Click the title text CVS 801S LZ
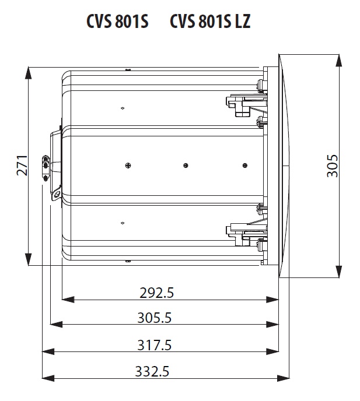(210, 21)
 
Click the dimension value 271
(22, 165)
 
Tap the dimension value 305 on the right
(333, 166)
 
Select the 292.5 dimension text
(157, 293)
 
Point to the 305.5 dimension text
(155, 318)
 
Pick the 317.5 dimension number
(155, 345)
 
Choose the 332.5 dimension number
(152, 371)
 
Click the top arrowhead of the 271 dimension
(29, 73)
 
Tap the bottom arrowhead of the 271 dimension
(29, 259)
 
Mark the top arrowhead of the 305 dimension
(339, 61)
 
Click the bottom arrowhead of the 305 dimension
(339, 272)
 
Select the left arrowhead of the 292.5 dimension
(68, 300)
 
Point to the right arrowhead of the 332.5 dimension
(284, 378)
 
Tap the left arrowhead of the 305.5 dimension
(57, 324)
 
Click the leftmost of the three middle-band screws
(128, 166)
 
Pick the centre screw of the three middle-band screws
(186, 166)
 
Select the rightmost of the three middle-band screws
(245, 166)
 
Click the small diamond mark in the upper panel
(123, 108)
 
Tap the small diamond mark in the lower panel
(123, 223)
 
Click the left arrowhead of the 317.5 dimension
(48, 351)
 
